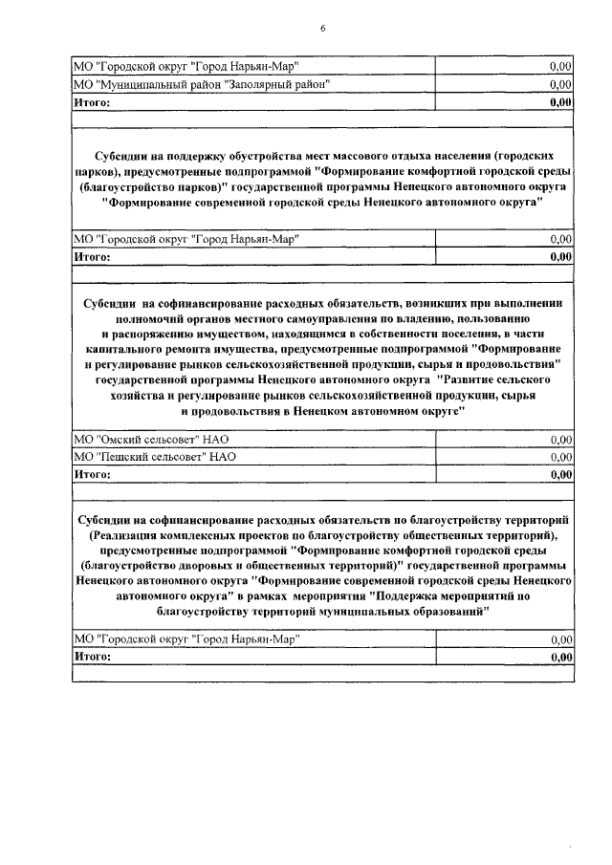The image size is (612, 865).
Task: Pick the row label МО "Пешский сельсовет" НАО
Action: coord(155,456)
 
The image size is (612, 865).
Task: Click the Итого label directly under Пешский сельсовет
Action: coord(93,473)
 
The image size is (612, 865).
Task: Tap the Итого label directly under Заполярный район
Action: coord(93,100)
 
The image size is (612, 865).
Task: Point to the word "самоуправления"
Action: coord(323,317)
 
